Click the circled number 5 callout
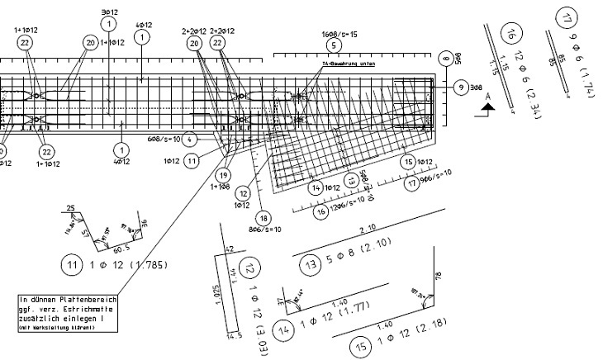tap(333, 46)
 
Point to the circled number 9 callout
tap(459, 88)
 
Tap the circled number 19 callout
tap(223, 175)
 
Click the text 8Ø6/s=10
tap(264, 229)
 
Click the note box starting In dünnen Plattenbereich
tap(68, 313)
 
